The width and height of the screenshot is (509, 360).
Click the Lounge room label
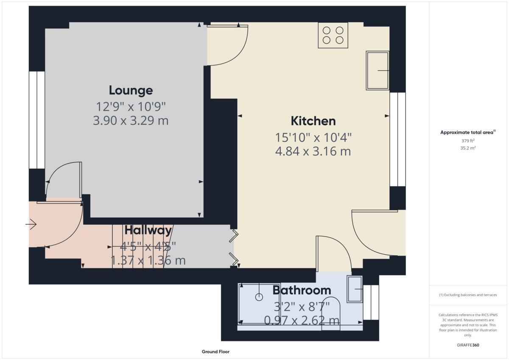tap(131, 90)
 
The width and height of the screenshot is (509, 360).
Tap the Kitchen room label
tap(313, 121)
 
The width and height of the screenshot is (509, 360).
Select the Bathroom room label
tap(302, 290)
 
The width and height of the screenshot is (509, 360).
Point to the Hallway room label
tap(148, 230)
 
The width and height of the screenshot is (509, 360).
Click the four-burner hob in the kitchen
tap(333, 35)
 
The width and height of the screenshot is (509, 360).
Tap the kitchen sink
tap(378, 71)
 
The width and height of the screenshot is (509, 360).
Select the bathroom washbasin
tap(355, 289)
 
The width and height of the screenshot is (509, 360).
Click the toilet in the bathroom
tap(331, 314)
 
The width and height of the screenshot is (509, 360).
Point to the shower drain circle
tap(259, 297)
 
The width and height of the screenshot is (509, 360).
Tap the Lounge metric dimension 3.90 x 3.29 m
tap(131, 121)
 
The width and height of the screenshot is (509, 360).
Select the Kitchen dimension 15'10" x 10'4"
tap(313, 137)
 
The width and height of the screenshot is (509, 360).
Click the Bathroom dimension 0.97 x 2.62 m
tap(302, 320)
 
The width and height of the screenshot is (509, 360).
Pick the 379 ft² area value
tap(468, 141)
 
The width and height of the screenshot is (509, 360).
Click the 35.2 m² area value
tap(468, 148)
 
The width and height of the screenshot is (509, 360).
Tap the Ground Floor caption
tap(215, 352)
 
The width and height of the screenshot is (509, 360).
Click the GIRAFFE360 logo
tap(468, 345)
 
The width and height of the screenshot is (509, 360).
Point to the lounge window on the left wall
tap(37, 120)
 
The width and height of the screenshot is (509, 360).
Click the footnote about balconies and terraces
tap(468, 295)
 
